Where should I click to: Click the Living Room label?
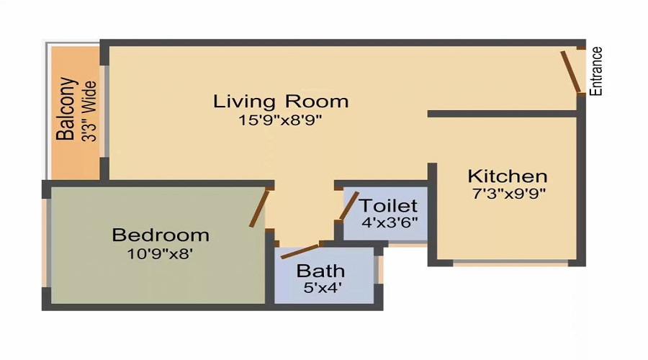point(281,101)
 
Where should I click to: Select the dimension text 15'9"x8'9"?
point(281,120)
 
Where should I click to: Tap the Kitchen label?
point(507,176)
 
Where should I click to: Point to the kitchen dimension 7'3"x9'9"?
point(507,194)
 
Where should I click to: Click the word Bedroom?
point(161,235)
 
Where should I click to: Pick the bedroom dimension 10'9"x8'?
point(161,253)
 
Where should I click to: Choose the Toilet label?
point(388,205)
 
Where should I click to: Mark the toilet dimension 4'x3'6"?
point(388,222)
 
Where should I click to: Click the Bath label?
point(320,271)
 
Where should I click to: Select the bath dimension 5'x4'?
point(320,288)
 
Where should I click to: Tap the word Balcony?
point(66,109)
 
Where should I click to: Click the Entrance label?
point(596,71)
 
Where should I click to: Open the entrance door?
point(571,72)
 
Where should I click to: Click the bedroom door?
point(259,209)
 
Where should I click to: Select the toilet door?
point(348,206)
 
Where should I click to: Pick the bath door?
point(299,251)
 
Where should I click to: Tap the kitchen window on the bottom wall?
point(510,264)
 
